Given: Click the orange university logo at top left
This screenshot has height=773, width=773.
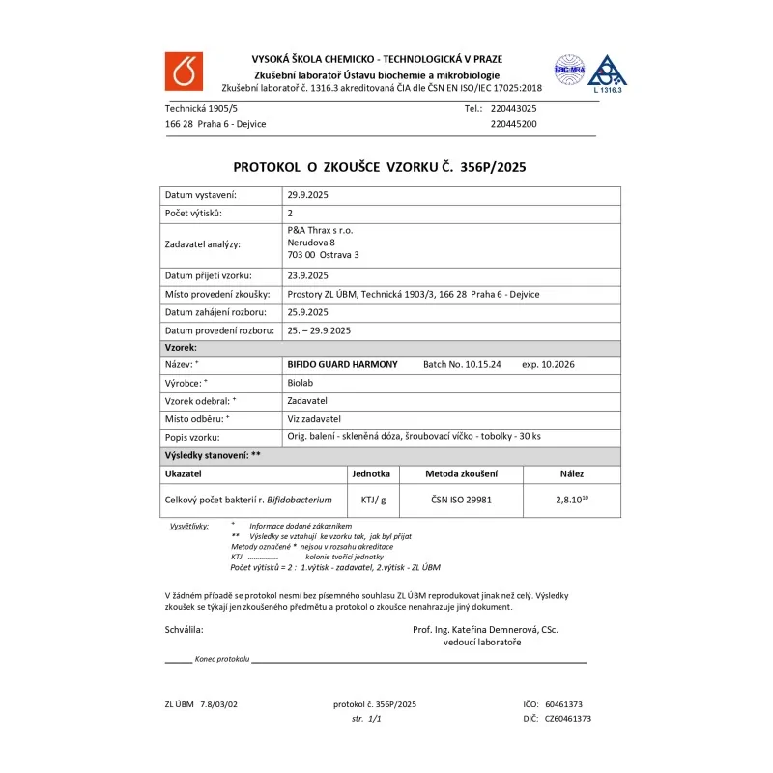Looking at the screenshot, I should point(183,71).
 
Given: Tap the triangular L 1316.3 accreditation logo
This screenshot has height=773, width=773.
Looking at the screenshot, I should point(607,72).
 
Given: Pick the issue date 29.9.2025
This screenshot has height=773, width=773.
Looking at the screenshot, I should point(308,195).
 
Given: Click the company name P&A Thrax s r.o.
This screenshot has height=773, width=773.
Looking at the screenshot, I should point(321,230).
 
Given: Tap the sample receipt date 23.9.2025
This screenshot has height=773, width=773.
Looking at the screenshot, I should point(308,275).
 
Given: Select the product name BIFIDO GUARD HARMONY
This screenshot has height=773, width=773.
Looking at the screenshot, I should point(342,364).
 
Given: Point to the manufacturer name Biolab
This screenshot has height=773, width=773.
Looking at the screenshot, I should point(301,383).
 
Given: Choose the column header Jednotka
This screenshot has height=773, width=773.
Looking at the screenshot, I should point(372,474).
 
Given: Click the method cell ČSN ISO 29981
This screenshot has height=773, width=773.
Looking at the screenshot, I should point(461,500).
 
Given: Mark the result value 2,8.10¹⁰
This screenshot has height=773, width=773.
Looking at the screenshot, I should point(572,500).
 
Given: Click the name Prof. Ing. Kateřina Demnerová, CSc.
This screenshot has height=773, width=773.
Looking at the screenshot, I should point(485,629).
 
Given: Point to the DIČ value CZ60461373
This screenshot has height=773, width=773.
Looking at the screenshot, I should point(568,719).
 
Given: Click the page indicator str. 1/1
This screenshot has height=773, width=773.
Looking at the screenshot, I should point(367,719).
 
